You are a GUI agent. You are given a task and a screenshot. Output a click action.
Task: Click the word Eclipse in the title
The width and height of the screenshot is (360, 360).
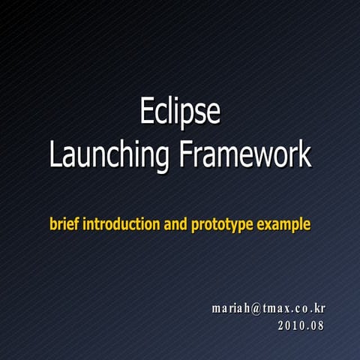180,112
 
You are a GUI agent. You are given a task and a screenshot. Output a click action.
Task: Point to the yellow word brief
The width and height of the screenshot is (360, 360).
64,223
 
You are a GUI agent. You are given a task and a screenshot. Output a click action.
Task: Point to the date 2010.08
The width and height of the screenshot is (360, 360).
301,325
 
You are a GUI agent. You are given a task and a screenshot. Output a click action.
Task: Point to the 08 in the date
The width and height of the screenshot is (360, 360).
318,325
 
